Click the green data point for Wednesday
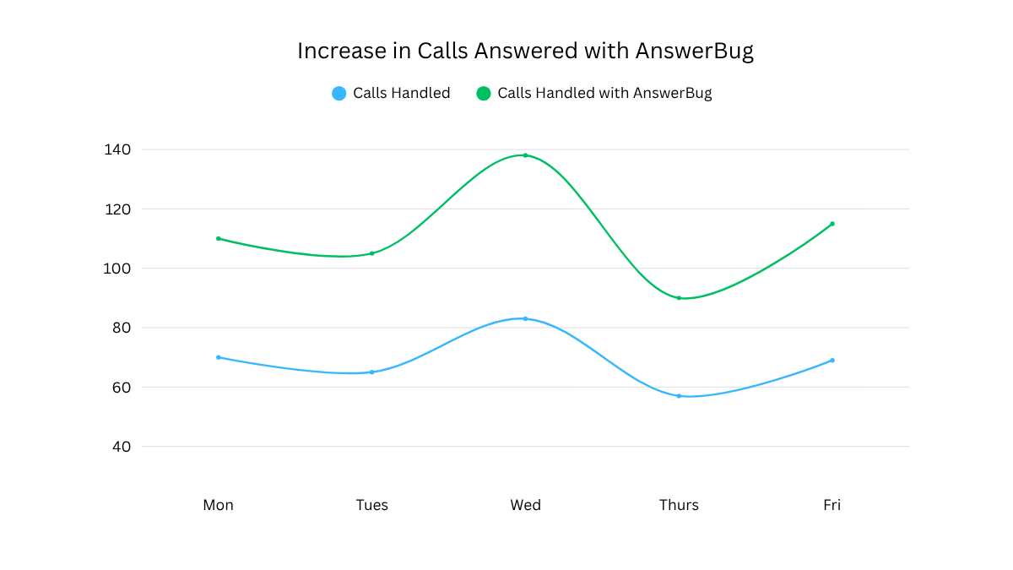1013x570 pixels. pyautogui.click(x=525, y=155)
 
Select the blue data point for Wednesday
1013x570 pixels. pyautogui.click(x=525, y=318)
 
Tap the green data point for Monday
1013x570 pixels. pyautogui.click(x=219, y=238)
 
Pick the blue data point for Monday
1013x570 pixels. pyautogui.click(x=219, y=357)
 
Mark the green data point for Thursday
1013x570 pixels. pyautogui.click(x=679, y=298)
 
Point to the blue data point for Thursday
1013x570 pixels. pyautogui.click(x=679, y=396)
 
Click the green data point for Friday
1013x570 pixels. pyautogui.click(x=832, y=224)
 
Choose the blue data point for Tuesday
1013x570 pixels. pyautogui.click(x=371, y=372)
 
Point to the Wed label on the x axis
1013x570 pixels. pyautogui.click(x=525, y=505)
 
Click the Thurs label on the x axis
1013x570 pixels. pyautogui.click(x=679, y=505)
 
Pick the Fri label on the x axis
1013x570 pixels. pyautogui.click(x=832, y=505)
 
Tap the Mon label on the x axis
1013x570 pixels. pyautogui.click(x=219, y=505)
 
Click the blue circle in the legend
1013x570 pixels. pyautogui.click(x=339, y=93)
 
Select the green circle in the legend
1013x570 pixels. pyautogui.click(x=484, y=93)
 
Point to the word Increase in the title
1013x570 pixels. pyautogui.click(x=341, y=51)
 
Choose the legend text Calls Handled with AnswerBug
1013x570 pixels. pyautogui.click(x=604, y=93)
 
